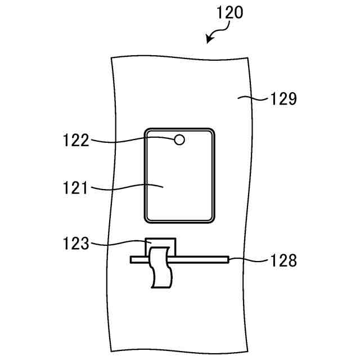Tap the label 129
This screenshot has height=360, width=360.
click(x=281, y=100)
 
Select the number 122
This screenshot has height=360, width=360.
click(x=76, y=140)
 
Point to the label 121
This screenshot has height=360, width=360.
click(x=76, y=188)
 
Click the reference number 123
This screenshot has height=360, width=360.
click(x=76, y=244)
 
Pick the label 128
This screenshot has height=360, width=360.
click(x=281, y=260)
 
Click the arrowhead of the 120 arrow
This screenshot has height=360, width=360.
click(x=209, y=40)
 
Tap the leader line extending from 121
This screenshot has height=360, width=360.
click(x=127, y=187)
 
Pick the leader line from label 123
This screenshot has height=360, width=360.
click(x=121, y=243)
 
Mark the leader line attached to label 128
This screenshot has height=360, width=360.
click(x=247, y=260)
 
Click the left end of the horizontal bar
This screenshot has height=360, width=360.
click(x=132, y=260)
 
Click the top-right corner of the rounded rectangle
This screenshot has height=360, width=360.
click(x=212, y=132)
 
